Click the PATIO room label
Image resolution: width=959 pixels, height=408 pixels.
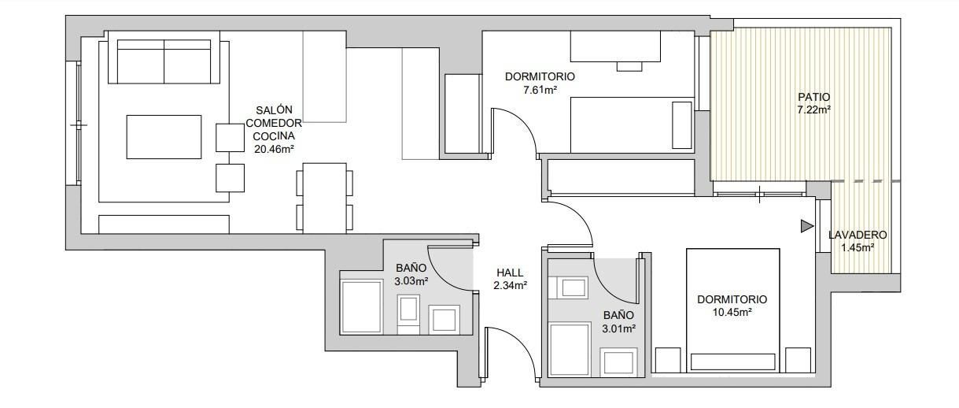[x=813, y=97]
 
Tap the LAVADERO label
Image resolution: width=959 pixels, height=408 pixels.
[x=858, y=235]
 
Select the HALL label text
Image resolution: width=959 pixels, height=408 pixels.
[x=509, y=273]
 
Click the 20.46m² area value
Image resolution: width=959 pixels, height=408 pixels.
[x=274, y=148]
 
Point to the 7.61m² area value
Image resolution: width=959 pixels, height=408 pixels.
[x=540, y=91]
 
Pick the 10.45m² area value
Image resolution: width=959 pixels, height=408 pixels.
[x=732, y=313]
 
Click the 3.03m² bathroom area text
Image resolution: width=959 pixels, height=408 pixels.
[x=411, y=280]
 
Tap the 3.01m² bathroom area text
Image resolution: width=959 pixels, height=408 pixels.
[x=618, y=328]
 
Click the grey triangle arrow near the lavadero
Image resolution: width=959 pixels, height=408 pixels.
[x=806, y=227]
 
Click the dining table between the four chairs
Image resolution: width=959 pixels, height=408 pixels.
[x=325, y=198]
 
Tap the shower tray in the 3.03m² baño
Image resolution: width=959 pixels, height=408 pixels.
[x=360, y=306]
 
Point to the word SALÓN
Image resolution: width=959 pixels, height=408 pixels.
[x=274, y=109]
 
